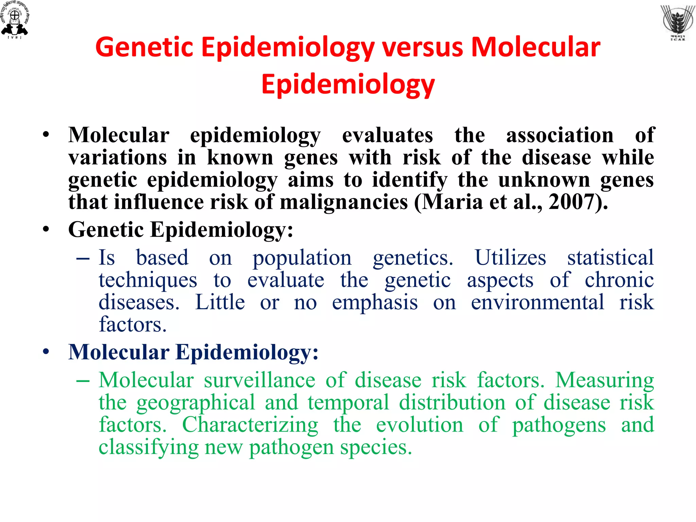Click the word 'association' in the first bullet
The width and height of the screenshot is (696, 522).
tap(560, 135)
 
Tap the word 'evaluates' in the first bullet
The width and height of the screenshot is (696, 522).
tap(387, 135)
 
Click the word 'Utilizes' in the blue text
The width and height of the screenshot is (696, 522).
tap(510, 258)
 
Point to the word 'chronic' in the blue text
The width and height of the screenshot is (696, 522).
tap(619, 280)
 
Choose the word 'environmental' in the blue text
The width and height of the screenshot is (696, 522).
tap(537, 302)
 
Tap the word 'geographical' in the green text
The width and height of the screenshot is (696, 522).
tap(196, 403)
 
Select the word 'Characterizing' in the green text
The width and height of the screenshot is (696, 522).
tap(250, 425)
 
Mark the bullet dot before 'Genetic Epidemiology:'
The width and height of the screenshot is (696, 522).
tap(46, 230)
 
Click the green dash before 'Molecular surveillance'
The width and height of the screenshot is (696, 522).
tap(83, 381)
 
